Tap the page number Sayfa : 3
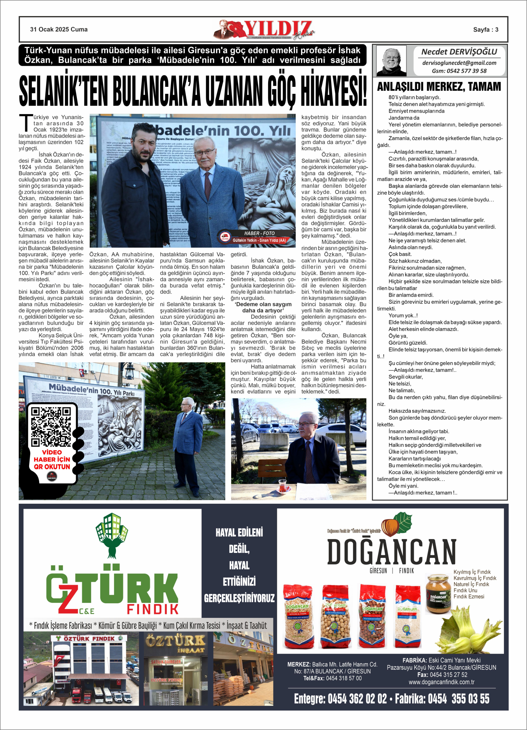coord(486,30)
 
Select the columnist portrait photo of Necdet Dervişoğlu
coord(391,61)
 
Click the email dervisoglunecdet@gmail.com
coord(459,63)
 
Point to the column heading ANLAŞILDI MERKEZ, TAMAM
coord(439,87)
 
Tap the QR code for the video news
coord(51,427)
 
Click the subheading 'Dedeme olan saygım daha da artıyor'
coord(263,307)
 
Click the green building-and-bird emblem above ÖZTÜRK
coord(112,535)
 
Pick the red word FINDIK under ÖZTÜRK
coord(152,609)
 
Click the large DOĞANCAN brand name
coord(391,552)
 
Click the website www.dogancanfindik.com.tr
coord(441,682)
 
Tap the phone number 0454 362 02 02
coord(357,698)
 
